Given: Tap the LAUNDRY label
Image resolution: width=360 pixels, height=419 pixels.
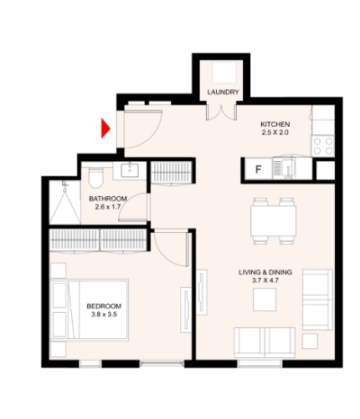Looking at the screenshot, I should (x=222, y=93).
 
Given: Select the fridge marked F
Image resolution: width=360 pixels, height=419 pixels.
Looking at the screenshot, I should (x=258, y=167).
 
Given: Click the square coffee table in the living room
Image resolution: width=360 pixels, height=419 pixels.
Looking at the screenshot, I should (x=264, y=300).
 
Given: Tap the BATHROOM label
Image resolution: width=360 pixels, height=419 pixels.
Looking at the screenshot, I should (x=108, y=199).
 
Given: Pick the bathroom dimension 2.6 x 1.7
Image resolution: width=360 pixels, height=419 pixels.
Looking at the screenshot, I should (x=108, y=209).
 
